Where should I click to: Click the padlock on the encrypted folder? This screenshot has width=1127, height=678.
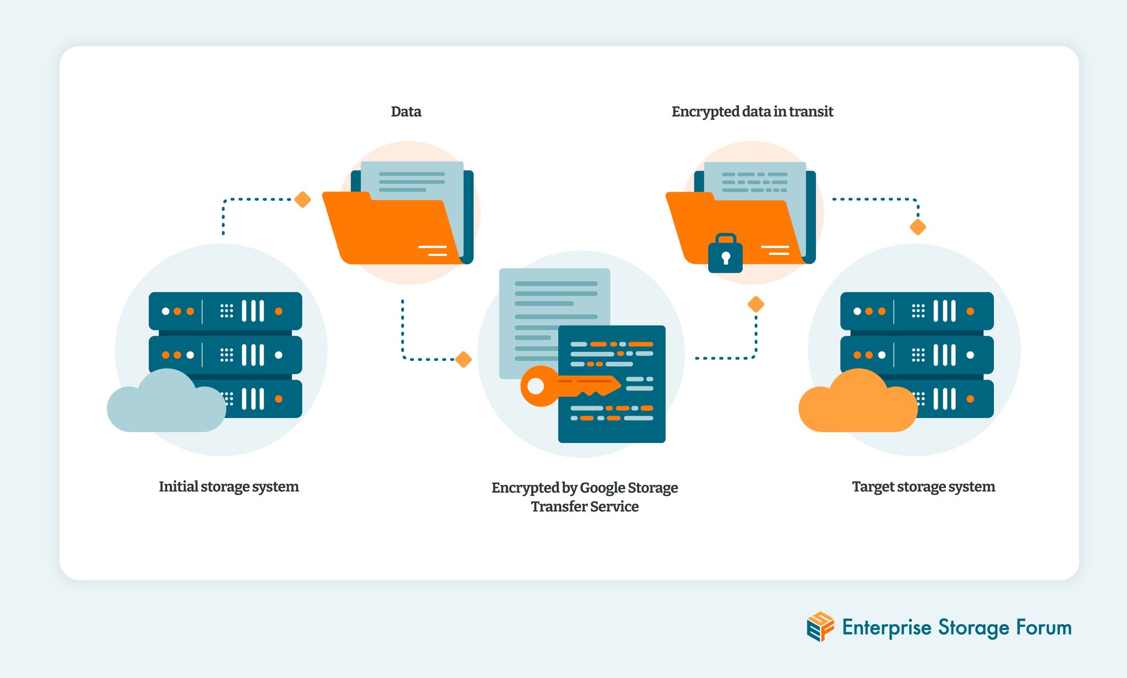tap(725, 254)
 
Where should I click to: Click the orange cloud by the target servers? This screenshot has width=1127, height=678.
tap(857, 404)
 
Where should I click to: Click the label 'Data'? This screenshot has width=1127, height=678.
tap(406, 112)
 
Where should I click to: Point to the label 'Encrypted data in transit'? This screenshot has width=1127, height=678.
tap(752, 112)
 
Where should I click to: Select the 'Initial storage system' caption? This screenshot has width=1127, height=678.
tap(228, 486)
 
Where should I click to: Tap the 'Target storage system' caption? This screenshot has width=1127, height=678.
tap(923, 486)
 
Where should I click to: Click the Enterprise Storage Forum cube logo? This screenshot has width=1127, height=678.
tap(820, 626)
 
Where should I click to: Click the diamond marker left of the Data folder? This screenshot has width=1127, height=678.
tap(303, 199)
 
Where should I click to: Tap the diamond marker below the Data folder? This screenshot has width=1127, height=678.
tap(464, 359)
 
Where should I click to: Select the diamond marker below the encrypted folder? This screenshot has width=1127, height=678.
tap(756, 304)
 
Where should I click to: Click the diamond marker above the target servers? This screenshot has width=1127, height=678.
tap(918, 227)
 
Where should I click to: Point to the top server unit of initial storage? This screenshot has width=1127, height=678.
tap(225, 311)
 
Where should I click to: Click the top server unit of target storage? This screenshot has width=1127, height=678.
tap(917, 311)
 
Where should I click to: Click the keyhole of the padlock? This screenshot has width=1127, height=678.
tap(725, 257)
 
